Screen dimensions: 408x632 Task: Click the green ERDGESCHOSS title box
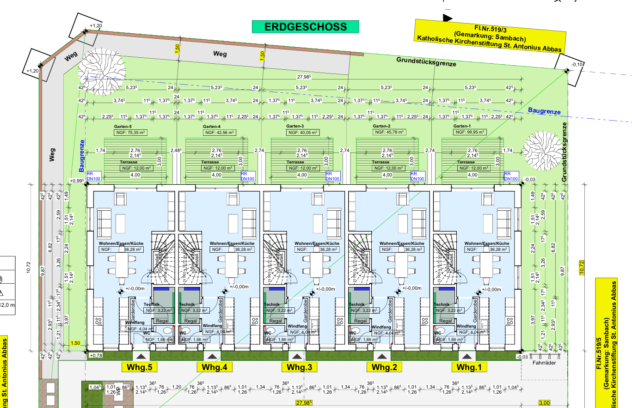click(305, 27)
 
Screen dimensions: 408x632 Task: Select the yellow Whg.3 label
click(300, 367)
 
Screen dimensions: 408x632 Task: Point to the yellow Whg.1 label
click(469, 367)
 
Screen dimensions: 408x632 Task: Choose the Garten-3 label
click(295, 126)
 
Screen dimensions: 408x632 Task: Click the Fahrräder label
click(544, 363)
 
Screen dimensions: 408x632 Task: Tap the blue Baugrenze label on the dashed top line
click(544, 111)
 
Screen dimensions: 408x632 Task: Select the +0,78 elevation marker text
click(96, 355)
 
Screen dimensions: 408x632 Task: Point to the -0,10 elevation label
click(577, 64)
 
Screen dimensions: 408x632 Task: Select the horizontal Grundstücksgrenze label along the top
click(426, 61)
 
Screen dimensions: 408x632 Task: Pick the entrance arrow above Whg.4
click(212, 356)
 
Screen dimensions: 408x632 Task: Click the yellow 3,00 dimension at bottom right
click(544, 403)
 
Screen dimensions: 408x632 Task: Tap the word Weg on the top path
click(220, 54)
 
